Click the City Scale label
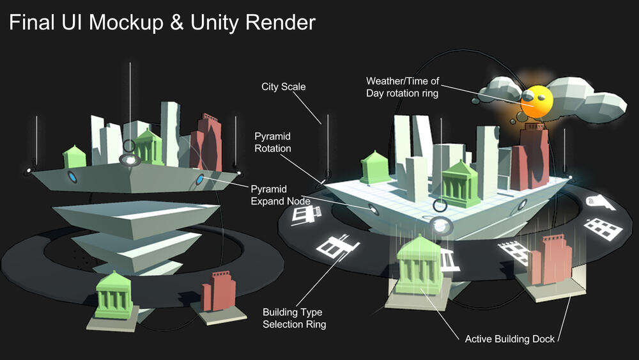click(284, 86)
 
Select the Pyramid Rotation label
click(273, 143)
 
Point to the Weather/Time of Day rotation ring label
click(403, 87)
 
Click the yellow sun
click(535, 102)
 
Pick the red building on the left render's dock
click(219, 292)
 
